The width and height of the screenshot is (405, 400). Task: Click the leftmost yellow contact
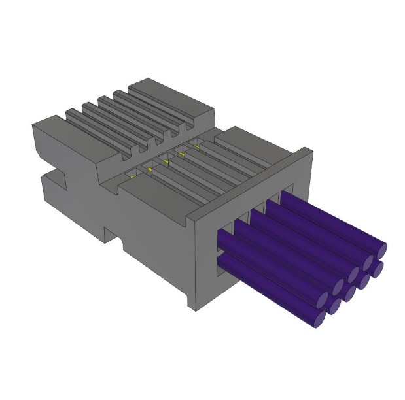coord(133,176)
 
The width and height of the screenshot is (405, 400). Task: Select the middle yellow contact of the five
coord(164,162)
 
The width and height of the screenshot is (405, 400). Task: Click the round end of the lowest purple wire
coord(320,318)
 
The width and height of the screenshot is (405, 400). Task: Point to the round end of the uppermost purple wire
coord(381,250)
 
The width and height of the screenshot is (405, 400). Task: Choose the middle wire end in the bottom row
coord(334,304)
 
